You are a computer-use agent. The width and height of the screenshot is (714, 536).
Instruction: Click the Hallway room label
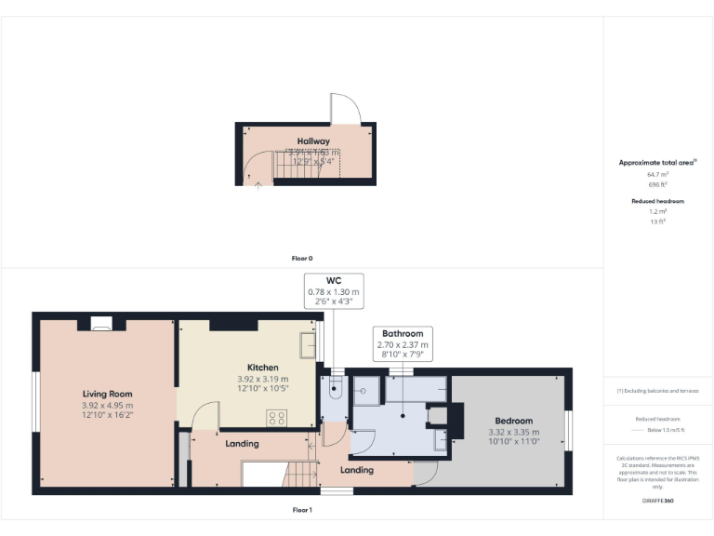coord(313,141)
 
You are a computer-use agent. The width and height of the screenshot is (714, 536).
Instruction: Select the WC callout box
coord(333,291)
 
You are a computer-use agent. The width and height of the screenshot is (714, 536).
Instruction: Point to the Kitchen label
coord(262,368)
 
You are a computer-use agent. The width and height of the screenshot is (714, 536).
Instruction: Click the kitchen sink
coord(308,344)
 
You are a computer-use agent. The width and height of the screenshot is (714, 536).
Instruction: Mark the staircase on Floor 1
coord(275,474)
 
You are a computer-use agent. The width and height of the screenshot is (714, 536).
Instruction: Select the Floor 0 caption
coord(302,258)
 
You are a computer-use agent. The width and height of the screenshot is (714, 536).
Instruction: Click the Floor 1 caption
coord(302,510)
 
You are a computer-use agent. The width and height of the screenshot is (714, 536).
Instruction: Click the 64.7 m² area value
coord(658,174)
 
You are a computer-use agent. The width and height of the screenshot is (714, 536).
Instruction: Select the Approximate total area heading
coord(657,163)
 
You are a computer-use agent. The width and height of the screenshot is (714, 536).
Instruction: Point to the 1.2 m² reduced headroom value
coord(658,212)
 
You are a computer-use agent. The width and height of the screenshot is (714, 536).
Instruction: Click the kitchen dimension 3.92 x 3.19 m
coord(262,379)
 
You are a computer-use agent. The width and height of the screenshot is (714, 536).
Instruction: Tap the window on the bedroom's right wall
coord(570,430)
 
